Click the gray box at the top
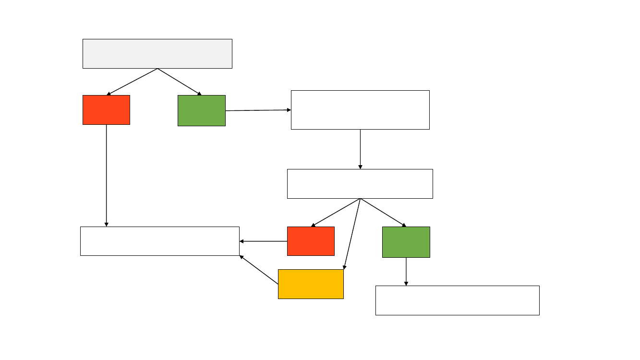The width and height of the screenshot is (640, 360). pos(157,54)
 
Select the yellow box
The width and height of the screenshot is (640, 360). pos(311,284)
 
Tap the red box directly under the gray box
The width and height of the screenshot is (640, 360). pos(106,110)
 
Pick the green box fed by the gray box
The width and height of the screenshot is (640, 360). pos(202,110)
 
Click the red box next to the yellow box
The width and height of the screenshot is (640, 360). pos(311,241)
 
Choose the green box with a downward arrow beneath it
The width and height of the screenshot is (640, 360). pos(406,242)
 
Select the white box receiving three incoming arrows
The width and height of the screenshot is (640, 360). pos(159,241)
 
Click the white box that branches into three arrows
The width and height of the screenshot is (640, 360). pos(360,184)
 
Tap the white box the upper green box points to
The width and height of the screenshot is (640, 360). pos(360,110)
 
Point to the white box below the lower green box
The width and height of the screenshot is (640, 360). pos(457,300)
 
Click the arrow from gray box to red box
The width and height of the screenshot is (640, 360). pos(132,82)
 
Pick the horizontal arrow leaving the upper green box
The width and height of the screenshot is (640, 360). pos(258,110)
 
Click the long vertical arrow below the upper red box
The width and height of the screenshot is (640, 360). pos(106,175)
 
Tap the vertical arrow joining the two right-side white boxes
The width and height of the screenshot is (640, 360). pos(360,149)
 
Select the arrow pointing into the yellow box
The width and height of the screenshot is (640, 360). pos(352,234)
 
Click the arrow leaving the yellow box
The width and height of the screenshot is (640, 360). pos(259,270)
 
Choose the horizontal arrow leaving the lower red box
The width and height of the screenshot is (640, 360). pos(263,241)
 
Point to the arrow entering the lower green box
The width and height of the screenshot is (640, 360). pos(383,213)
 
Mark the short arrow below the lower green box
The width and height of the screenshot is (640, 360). pos(406,272)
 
